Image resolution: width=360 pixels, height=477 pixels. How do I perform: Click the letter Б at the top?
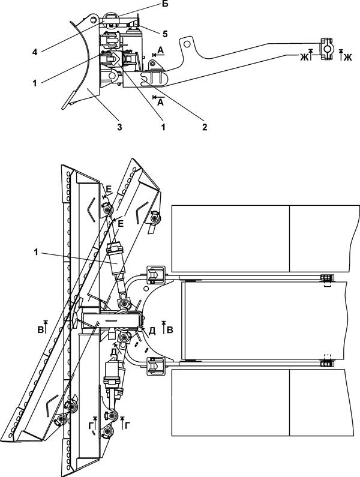point(165,5)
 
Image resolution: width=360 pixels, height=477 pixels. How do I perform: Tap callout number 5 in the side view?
point(165,34)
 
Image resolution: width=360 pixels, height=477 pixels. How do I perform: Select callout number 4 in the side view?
point(35,52)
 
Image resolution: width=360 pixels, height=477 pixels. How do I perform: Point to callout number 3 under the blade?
point(119,127)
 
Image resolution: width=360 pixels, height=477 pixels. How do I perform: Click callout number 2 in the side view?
point(205,127)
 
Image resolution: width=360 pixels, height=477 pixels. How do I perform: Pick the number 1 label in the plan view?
point(36,252)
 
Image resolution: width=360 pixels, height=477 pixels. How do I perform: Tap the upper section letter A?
point(161,50)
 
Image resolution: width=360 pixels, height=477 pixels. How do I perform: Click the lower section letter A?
point(160,103)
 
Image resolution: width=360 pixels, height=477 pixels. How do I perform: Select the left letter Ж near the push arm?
point(304,57)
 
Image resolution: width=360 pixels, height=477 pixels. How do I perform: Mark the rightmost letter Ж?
point(348,57)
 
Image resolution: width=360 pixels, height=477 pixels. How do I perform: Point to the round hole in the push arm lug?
point(187,44)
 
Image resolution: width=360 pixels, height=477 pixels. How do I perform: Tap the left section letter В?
point(40,330)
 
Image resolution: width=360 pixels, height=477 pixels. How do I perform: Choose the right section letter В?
point(170,330)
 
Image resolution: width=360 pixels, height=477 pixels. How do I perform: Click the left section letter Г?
point(91,427)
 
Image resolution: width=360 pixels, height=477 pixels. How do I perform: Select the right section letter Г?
point(128,426)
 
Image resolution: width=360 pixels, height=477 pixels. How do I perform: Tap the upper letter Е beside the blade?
point(109,189)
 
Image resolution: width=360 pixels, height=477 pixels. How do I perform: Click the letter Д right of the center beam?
point(152,331)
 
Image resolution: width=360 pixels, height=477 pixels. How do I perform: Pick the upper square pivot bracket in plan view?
point(155,275)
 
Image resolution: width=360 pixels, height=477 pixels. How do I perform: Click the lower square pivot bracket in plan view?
point(155,366)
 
